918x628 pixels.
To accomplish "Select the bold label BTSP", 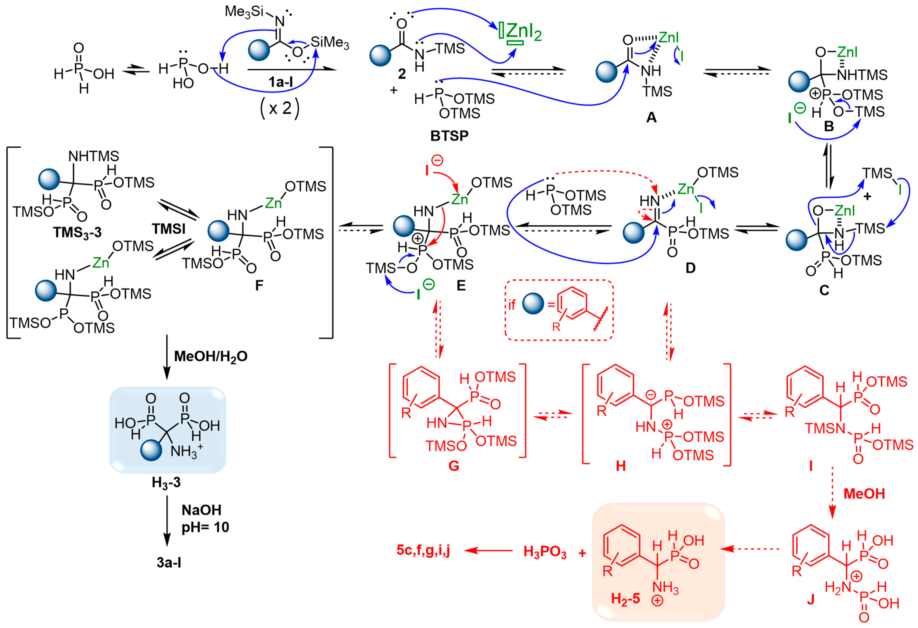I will coord(449,136).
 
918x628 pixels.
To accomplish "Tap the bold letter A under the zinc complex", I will coord(651,117).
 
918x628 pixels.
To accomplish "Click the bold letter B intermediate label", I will coord(829,126).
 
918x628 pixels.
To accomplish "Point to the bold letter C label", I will coord(824,290).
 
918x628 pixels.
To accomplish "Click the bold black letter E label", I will coord(461,285).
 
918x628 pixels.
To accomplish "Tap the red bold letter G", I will coord(454,466).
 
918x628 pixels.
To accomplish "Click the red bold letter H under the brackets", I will coord(621,466).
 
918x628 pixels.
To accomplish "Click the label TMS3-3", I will coord(77,233).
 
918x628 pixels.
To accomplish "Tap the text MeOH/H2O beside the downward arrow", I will coord(211,356).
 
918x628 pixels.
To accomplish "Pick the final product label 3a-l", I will coord(169,562).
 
